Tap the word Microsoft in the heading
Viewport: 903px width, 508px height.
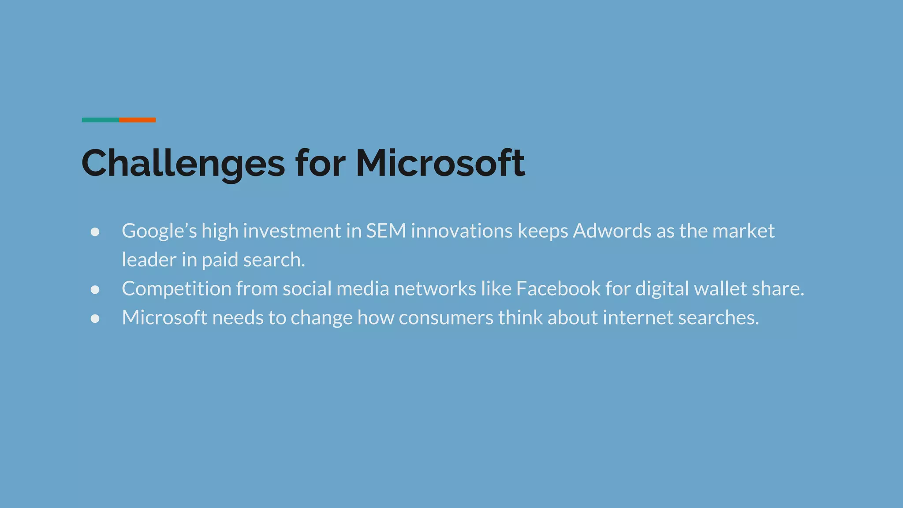(x=440, y=163)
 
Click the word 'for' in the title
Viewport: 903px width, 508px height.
(x=320, y=163)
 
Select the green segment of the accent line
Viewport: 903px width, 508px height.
(x=100, y=120)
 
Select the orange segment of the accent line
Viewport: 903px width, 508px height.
(x=138, y=120)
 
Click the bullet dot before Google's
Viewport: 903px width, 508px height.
(x=95, y=232)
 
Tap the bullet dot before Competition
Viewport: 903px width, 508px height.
(x=95, y=290)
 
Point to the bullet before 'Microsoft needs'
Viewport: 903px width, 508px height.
(x=95, y=318)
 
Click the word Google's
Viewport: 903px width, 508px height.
(x=159, y=231)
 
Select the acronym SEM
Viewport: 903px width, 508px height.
(x=386, y=231)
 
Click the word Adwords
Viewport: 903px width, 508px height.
(x=612, y=231)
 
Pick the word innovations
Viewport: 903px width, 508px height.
(x=462, y=231)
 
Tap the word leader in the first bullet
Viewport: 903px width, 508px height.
(x=149, y=260)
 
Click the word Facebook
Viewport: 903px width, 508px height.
(x=558, y=289)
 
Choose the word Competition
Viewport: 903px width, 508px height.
(x=176, y=289)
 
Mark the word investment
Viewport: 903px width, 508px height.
(x=292, y=231)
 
